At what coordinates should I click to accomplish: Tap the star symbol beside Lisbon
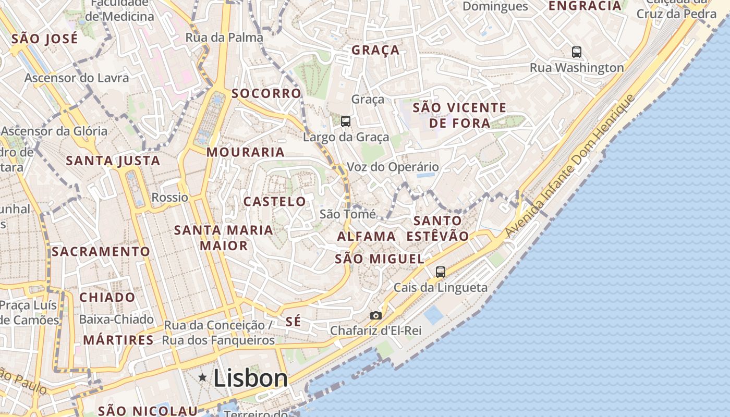202,377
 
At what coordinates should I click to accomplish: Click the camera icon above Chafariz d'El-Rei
375,315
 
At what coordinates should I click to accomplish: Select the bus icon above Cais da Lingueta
441,272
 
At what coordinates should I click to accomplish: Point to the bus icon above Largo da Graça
346,121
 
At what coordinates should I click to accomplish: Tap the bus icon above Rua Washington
577,52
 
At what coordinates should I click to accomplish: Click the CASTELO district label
275,201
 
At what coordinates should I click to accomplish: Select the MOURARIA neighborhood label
246,152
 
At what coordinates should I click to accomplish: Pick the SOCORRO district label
266,93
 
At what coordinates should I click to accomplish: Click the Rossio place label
170,198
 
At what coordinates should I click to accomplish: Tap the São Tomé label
347,214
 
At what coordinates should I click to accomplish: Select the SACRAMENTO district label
101,251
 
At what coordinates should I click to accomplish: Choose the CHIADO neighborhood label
107,297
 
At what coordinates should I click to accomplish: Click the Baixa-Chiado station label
116,319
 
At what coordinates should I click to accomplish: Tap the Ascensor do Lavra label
77,78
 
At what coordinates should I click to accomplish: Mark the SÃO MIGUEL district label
379,259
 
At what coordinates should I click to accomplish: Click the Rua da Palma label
224,38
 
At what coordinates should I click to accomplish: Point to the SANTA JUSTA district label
113,161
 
